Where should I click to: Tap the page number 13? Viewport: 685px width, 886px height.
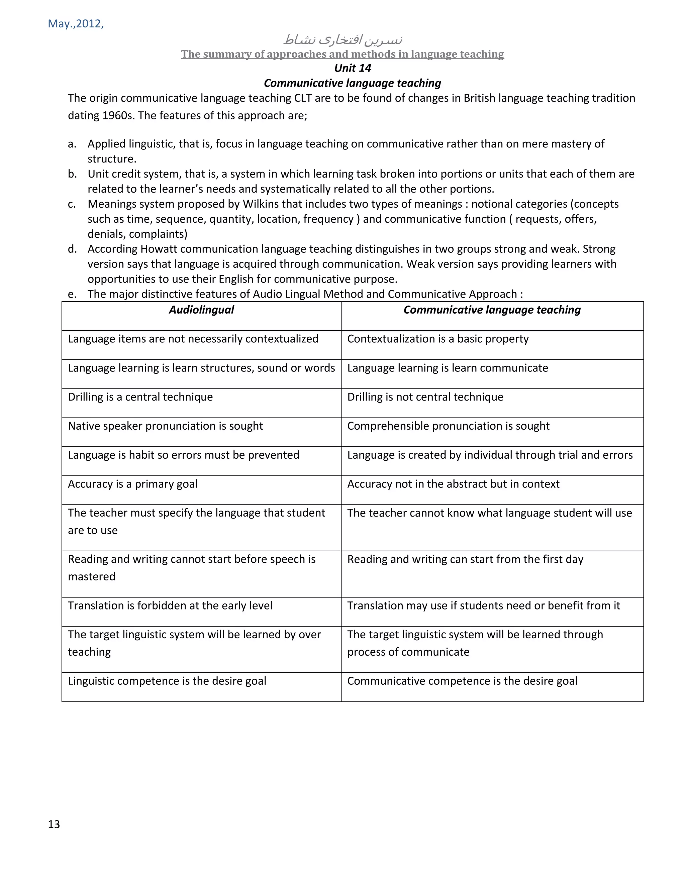pos(54,824)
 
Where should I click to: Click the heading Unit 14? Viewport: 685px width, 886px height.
pos(352,68)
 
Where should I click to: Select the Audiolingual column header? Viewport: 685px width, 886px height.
pos(201,310)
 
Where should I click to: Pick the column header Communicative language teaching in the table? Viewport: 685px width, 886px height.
pos(492,310)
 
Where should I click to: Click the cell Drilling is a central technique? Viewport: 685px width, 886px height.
pos(140,397)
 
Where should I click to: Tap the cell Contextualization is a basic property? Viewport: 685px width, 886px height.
pos(438,339)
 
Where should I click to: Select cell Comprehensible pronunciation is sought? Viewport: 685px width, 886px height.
pos(448,426)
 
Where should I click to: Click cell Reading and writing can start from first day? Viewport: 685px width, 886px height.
pos(465,559)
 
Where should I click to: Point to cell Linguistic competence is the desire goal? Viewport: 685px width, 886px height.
pos(167,681)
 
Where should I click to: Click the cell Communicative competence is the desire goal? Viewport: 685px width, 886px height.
pos(462,681)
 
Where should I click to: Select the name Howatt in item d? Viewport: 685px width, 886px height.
pos(159,249)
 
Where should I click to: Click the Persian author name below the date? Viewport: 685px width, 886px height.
pos(342,40)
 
